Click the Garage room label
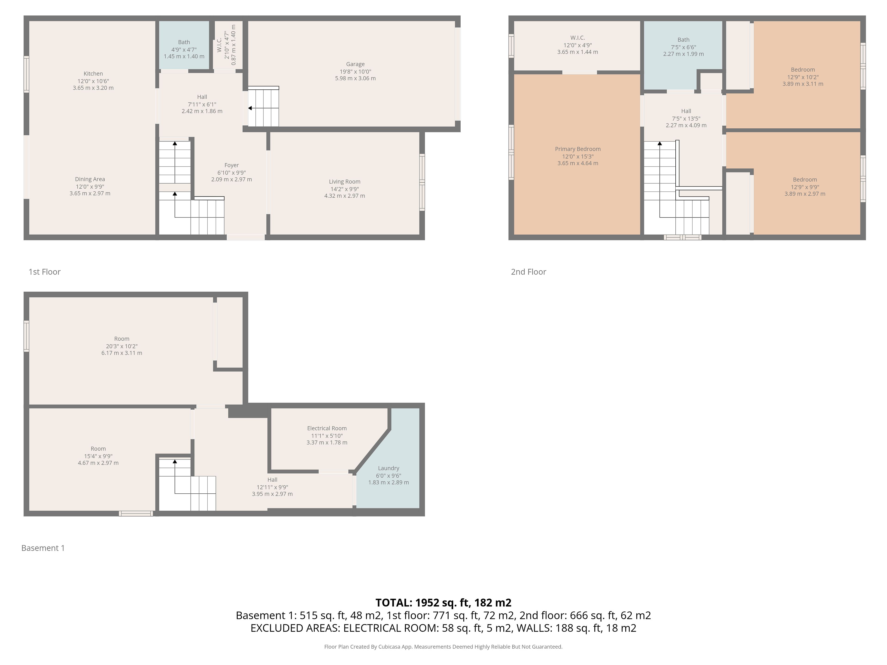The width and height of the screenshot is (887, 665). point(355,64)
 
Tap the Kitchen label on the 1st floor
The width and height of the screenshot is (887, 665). point(93,74)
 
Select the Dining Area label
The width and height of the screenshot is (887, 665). point(90,179)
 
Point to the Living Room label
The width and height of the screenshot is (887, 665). point(344,181)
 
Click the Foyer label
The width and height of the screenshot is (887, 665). point(231,165)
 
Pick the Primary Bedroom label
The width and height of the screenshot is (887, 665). point(578,149)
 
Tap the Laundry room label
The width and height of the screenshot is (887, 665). point(389,468)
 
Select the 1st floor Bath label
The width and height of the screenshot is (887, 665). point(184,42)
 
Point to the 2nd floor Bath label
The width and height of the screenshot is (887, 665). point(683,40)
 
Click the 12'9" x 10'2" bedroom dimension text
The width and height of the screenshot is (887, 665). point(803,77)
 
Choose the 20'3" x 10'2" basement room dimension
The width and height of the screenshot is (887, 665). point(122,346)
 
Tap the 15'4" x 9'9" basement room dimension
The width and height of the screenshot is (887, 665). point(98,456)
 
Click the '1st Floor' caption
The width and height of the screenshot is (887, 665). point(45,272)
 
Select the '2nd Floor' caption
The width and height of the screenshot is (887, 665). point(529,272)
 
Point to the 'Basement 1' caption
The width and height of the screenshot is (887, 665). point(43,548)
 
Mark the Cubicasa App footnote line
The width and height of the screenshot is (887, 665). point(443,647)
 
